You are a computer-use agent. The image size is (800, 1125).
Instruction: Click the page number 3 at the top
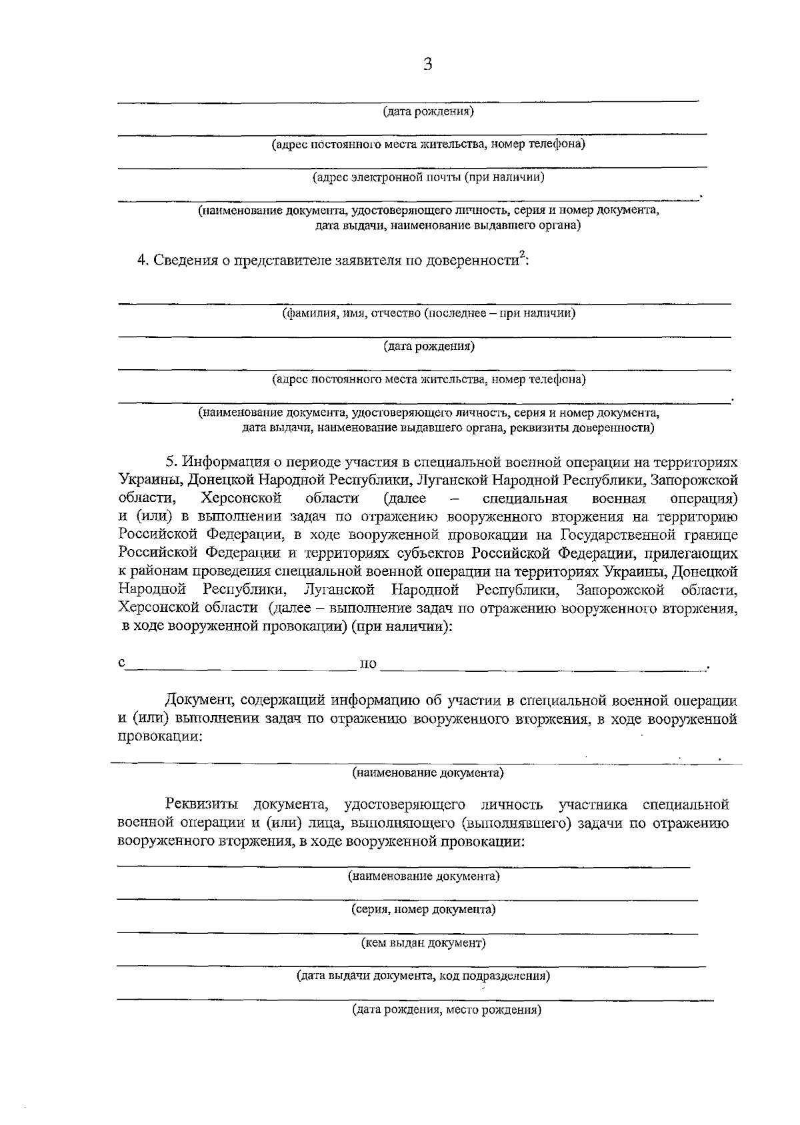click(427, 65)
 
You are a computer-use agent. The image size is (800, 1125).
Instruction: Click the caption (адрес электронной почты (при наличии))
click(429, 177)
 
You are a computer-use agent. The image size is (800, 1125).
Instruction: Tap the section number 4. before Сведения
click(143, 260)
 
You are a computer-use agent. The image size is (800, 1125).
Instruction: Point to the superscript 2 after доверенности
click(522, 254)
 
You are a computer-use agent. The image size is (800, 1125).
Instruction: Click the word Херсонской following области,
click(241, 499)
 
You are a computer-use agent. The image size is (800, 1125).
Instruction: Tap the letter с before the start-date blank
click(121, 663)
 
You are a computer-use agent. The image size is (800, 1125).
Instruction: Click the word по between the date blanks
click(368, 664)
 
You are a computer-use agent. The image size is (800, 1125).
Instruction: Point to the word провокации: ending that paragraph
click(160, 737)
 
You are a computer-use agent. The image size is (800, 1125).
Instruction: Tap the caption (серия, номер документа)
click(423, 910)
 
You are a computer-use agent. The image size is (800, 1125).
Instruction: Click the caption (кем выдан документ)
click(423, 943)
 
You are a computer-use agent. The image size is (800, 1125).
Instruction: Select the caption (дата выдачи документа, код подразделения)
click(423, 976)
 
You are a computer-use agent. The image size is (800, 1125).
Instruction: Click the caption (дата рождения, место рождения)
click(447, 1010)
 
